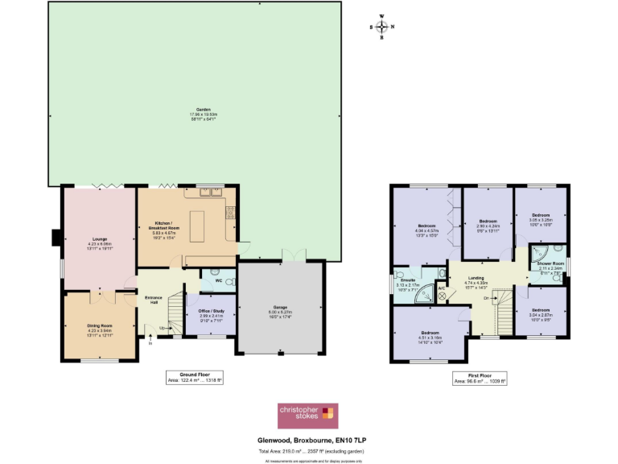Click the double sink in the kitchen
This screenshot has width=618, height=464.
[x=212, y=192]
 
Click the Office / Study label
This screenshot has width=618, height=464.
[x=210, y=309]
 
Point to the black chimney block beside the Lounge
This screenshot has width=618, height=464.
[x=56, y=238]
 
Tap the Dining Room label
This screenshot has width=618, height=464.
[x=101, y=325]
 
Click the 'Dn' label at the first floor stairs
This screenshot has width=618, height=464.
[x=486, y=298]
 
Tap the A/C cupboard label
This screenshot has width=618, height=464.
[x=441, y=288]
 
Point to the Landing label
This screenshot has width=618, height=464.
[x=476, y=278]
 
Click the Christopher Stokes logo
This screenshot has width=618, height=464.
[x=307, y=417]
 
